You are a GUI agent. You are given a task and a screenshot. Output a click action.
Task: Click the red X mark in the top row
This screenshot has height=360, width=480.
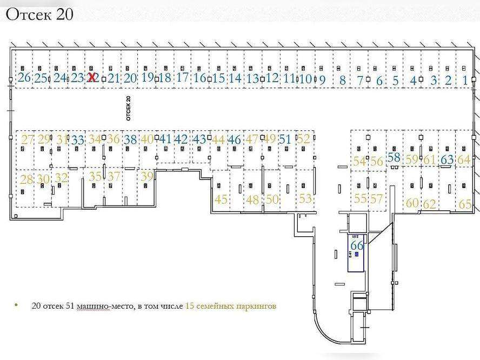[92, 77]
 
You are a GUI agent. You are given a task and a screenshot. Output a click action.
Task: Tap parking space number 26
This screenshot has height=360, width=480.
[24, 77]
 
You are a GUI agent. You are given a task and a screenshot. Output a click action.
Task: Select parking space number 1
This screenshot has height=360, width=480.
[466, 81]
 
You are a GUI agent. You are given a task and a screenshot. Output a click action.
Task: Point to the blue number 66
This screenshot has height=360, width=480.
[357, 245]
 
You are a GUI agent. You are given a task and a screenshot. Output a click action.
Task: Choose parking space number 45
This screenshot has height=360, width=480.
[221, 199]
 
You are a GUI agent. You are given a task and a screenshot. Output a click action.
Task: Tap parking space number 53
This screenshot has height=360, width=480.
[305, 198]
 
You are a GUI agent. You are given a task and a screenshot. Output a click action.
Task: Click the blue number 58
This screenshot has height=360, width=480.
[394, 158]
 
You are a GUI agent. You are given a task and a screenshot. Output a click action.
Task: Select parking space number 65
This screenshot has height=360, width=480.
[465, 204]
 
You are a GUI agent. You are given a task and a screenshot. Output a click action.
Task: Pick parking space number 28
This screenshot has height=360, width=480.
[26, 179]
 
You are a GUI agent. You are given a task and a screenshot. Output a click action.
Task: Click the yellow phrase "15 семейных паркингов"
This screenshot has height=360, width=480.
[231, 306]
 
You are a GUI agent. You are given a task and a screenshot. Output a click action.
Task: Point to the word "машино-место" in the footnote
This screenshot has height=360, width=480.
[99, 306]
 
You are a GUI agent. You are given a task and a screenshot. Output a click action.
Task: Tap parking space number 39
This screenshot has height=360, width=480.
[146, 176]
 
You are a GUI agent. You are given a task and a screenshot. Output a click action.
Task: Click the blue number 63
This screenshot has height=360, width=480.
[447, 159]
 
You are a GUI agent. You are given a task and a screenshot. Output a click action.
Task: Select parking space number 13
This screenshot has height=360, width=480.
[252, 78]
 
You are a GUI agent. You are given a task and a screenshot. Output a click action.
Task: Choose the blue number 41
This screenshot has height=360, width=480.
[165, 139]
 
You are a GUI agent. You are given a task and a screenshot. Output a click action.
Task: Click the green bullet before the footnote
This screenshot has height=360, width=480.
[16, 306]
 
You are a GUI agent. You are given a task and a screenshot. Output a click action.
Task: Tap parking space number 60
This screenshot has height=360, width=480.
[412, 203]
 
